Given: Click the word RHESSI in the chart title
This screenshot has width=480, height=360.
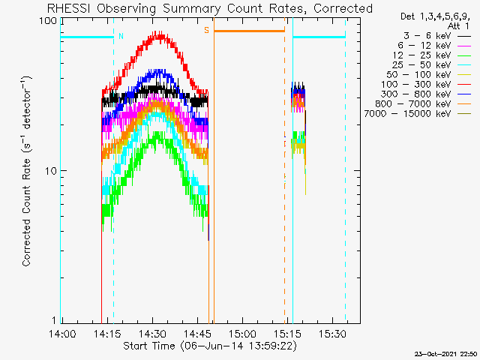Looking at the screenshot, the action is (x=70, y=8).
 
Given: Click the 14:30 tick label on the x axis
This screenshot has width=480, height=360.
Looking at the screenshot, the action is (x=152, y=334).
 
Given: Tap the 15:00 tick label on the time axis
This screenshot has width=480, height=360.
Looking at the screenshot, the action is (x=242, y=334).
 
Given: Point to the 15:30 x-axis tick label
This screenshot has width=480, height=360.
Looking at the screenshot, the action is (x=332, y=334).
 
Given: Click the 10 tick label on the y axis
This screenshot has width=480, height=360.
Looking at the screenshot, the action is (x=51, y=171).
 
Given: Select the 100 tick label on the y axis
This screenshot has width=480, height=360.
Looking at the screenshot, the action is (x=48, y=22).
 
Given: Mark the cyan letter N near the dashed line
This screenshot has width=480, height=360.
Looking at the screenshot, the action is (x=121, y=36).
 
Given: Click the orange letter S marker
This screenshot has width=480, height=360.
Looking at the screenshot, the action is (x=207, y=30).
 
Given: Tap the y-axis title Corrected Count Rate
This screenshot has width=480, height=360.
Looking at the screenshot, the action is (x=27, y=172).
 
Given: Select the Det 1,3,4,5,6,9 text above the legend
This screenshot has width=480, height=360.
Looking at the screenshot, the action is (x=435, y=16).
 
